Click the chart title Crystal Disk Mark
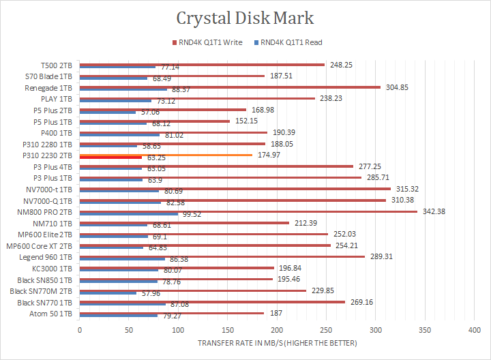click(245, 17)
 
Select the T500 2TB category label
click(57, 65)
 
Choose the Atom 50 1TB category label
click(52, 314)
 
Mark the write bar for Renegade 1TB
click(230, 87)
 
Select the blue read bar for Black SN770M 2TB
click(108, 292)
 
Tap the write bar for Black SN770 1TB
click(212, 301)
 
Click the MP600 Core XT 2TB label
click(40, 245)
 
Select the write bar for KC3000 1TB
click(177, 268)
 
